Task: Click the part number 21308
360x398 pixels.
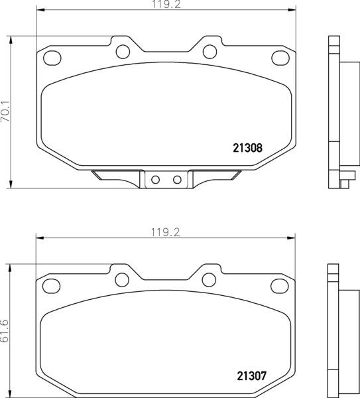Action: pyautogui.click(x=249, y=149)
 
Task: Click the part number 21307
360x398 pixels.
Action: pyautogui.click(x=251, y=375)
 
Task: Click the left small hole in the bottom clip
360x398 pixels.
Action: pyautogui.click(x=156, y=179)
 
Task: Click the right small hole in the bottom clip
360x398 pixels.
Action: pyautogui.click(x=176, y=179)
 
